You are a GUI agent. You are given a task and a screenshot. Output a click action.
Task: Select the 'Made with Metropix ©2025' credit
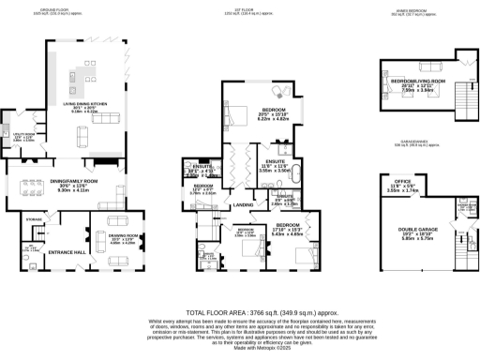(x=240, y=346)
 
